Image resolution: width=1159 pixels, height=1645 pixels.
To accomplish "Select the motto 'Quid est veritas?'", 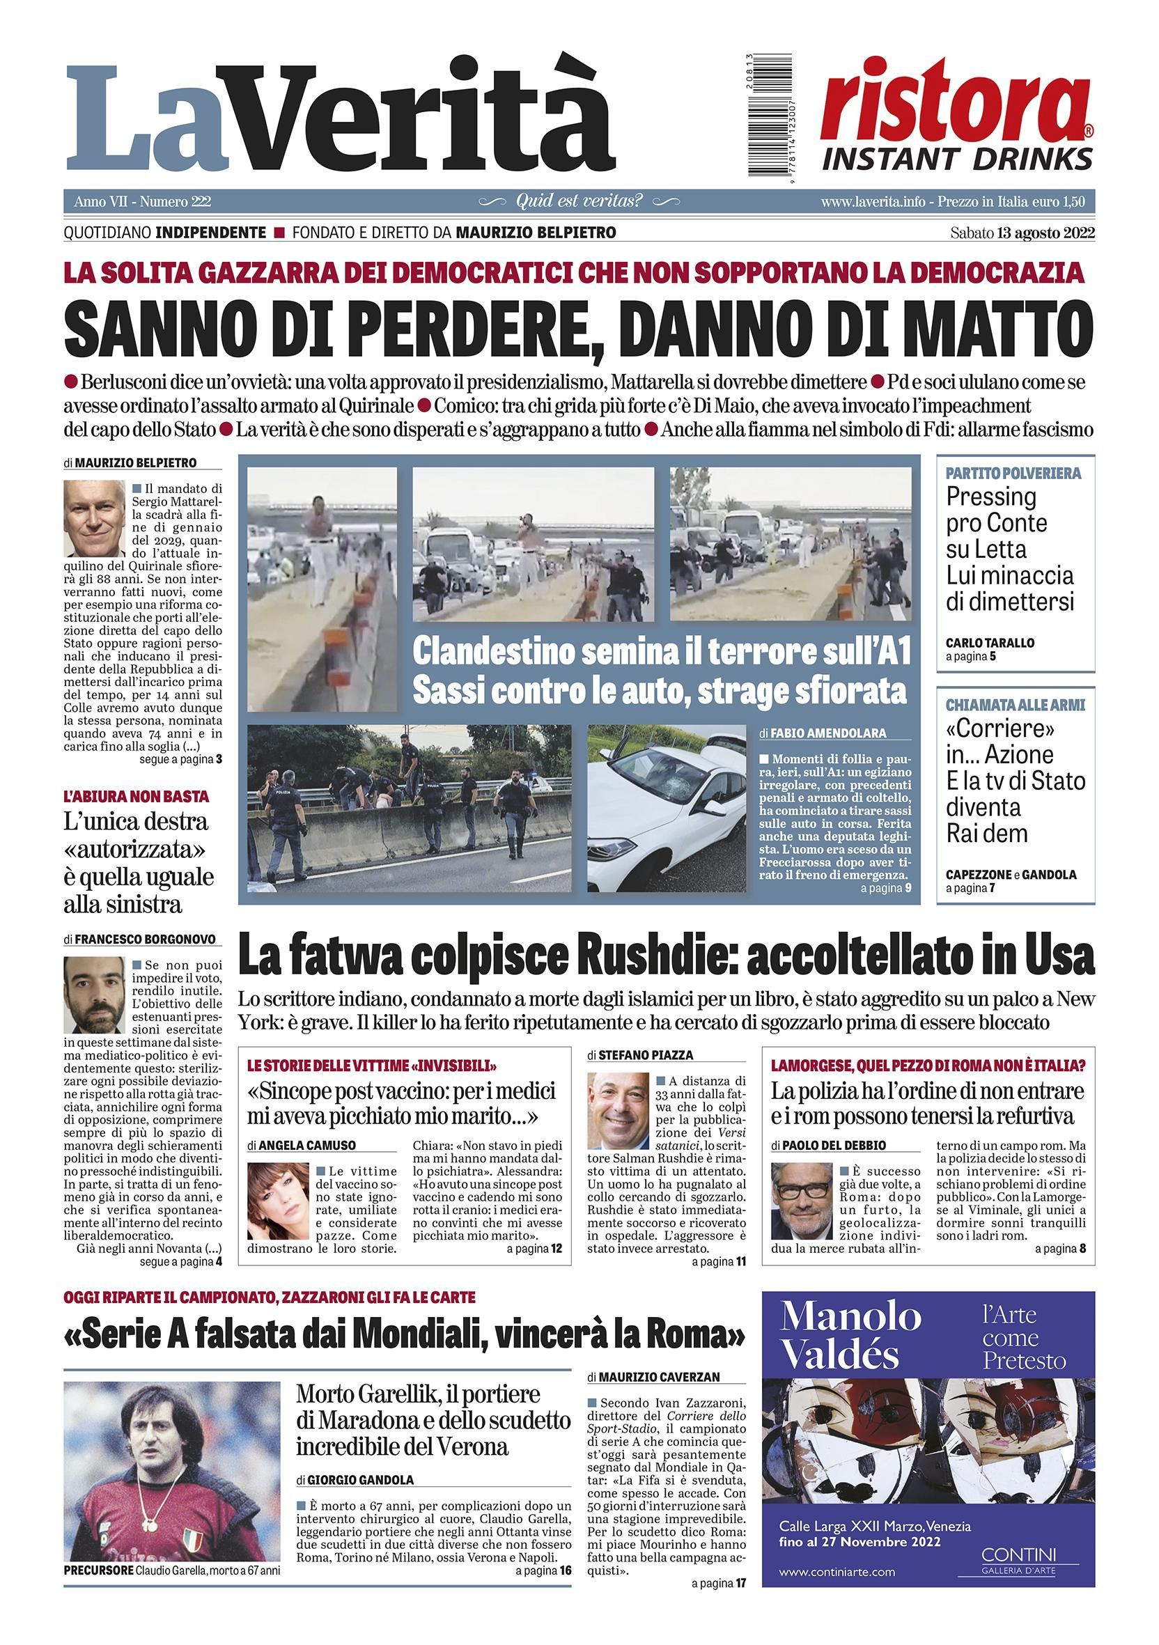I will click(579, 201).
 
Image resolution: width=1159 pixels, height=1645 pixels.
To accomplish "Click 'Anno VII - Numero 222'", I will click(137, 202).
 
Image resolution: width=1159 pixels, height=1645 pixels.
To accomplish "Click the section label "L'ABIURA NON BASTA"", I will click(136, 796).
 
